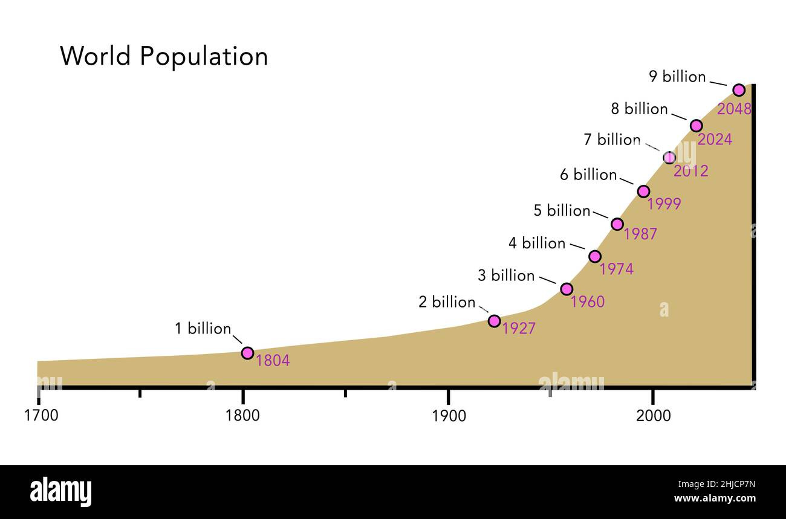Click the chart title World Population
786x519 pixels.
(164, 56)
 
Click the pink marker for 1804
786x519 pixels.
(247, 353)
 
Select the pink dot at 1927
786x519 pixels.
(494, 321)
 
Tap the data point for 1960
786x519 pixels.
(567, 289)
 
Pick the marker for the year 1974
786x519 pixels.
(595, 256)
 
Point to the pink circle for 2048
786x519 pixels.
(738, 90)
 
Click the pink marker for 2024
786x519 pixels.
(696, 126)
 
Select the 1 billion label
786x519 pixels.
(203, 329)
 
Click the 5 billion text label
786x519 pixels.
(562, 211)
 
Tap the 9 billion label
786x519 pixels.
(677, 77)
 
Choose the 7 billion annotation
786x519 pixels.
(612, 140)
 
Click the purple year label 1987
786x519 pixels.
(640, 234)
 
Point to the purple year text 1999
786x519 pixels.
(664, 204)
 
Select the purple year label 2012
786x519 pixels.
(690, 171)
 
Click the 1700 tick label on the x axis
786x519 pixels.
(41, 416)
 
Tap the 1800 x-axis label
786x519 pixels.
(242, 416)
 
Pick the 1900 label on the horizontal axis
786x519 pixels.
(448, 416)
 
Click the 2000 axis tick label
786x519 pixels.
(653, 416)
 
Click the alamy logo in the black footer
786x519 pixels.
(60, 492)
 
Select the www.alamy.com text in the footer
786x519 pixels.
(714, 498)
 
